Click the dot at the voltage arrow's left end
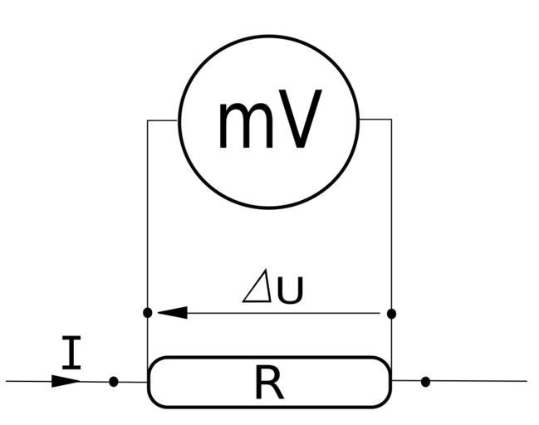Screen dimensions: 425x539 click(148, 313)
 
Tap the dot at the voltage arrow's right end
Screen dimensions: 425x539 click(391, 314)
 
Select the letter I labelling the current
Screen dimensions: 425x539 click(73, 353)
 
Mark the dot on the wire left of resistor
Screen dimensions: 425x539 click(114, 382)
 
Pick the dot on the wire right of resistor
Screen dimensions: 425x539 click(425, 382)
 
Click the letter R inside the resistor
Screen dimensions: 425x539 click(268, 383)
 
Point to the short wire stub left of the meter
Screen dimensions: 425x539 click(163, 120)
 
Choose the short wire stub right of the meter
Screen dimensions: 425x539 click(375, 120)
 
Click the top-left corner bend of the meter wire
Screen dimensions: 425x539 click(148, 120)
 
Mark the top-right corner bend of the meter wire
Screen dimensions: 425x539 click(391, 120)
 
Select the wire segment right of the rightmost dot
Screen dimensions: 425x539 click(478, 382)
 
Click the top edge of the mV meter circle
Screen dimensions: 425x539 click(268, 36)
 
